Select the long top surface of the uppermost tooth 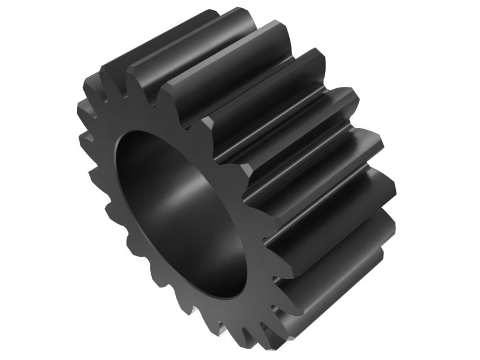180,36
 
